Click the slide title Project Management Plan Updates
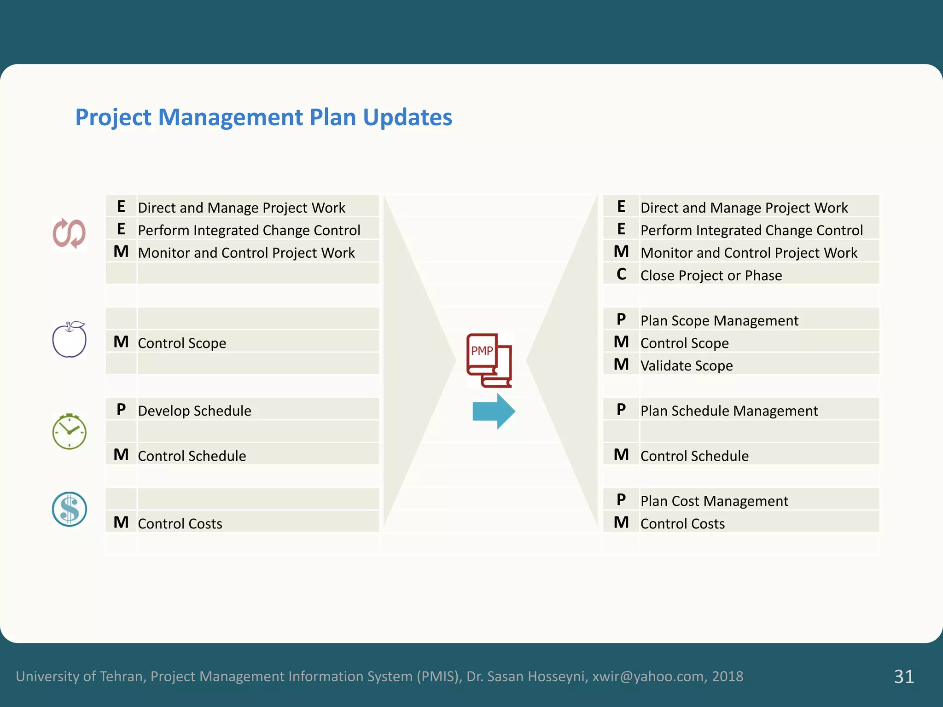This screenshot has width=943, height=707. point(263,117)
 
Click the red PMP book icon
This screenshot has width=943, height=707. point(489,360)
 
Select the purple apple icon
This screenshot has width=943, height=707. point(69,340)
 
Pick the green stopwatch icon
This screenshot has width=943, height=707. point(69,432)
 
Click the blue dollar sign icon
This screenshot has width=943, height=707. point(70,509)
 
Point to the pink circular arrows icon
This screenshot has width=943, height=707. point(69,233)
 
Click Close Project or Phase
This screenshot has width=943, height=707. point(711,275)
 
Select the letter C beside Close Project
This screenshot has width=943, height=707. point(621,274)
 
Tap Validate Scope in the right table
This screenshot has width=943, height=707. point(687,365)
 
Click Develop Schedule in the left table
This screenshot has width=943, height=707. point(194,411)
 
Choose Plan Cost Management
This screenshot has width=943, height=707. point(714,501)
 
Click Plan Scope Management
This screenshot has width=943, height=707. point(719,320)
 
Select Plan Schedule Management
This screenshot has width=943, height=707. point(729,411)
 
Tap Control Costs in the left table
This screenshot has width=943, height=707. point(180,523)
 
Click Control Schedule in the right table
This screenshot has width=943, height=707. point(694,456)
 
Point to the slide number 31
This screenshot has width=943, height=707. point(904,676)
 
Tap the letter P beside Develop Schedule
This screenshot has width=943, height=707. point(121,409)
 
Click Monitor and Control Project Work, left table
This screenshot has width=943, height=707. point(246,253)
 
